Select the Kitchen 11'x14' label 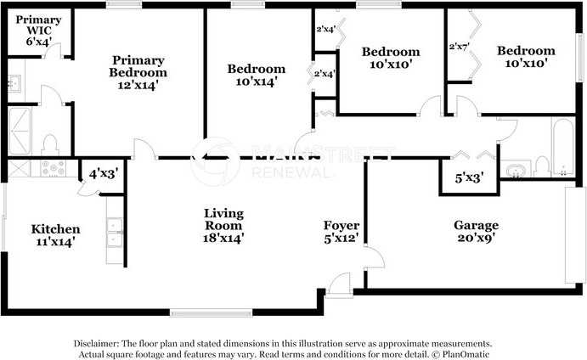click(56, 235)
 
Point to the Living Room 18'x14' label click(223, 225)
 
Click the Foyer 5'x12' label click(341, 232)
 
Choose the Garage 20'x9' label click(476, 232)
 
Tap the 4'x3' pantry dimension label click(104, 173)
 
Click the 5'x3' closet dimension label click(469, 179)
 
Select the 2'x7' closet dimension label click(460, 47)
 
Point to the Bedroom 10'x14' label click(257, 75)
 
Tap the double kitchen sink click(113, 232)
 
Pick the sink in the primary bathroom click(14, 83)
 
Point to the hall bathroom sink click(515, 171)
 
